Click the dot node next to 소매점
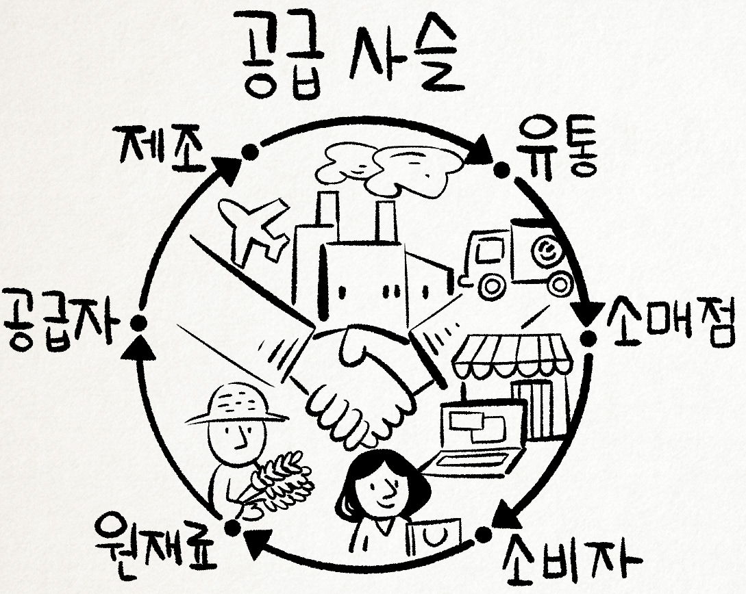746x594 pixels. click(588, 336)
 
